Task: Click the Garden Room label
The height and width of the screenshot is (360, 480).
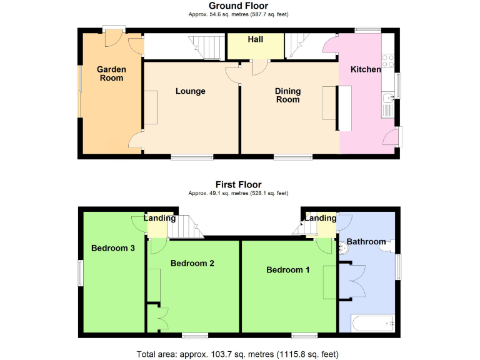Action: point(111,74)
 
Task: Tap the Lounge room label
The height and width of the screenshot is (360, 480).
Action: point(190,91)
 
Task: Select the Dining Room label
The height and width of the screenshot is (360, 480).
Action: point(287,95)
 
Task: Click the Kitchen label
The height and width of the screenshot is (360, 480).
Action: point(365,69)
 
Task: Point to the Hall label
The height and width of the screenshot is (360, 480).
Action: point(255,39)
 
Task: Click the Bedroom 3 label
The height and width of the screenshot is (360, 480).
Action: point(113,248)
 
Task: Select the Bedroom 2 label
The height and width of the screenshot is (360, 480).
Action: point(192,263)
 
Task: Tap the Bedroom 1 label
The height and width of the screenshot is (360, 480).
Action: point(288,270)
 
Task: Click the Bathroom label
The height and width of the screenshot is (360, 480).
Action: point(366,241)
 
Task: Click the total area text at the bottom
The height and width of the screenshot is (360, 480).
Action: point(237,354)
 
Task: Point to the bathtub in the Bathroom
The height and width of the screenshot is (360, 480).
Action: point(372,323)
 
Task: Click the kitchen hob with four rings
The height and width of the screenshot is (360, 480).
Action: point(387,61)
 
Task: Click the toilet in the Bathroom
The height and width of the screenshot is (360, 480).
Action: point(343,249)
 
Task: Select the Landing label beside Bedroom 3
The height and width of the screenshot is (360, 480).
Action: point(159,218)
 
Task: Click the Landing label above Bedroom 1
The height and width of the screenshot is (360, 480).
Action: point(321,218)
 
